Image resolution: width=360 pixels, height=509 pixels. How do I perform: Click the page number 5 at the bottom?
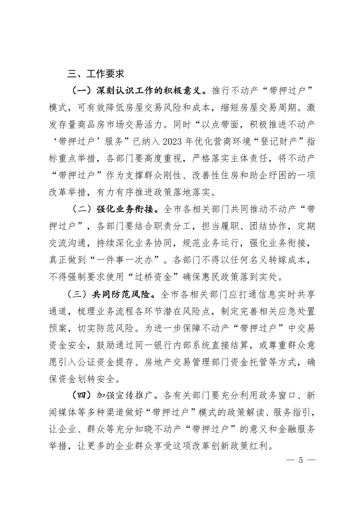[x=301, y=460]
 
